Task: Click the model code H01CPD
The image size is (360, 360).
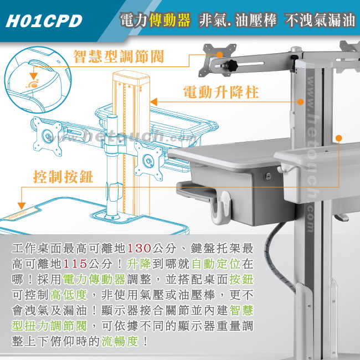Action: click(44, 21)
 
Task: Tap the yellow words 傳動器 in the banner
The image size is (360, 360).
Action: click(169, 20)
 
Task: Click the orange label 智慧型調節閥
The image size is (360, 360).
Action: click(119, 56)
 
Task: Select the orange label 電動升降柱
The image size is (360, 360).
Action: click(221, 92)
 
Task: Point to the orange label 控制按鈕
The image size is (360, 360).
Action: click(63, 177)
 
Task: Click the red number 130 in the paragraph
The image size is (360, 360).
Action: click(138, 249)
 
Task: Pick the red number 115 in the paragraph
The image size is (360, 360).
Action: click(75, 264)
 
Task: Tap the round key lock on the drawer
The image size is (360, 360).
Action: click(268, 177)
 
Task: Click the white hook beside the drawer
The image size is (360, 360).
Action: click(220, 208)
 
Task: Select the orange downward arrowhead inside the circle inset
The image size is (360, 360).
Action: click(34, 76)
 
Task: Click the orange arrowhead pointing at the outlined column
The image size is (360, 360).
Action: click(153, 102)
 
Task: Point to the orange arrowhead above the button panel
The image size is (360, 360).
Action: click(22, 205)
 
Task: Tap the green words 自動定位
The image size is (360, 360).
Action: click(216, 264)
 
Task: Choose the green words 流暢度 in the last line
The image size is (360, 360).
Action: click(120, 341)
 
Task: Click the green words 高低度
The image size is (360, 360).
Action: click(69, 295)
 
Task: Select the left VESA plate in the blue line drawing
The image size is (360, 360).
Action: click(48, 136)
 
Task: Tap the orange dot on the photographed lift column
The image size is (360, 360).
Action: click(300, 102)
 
